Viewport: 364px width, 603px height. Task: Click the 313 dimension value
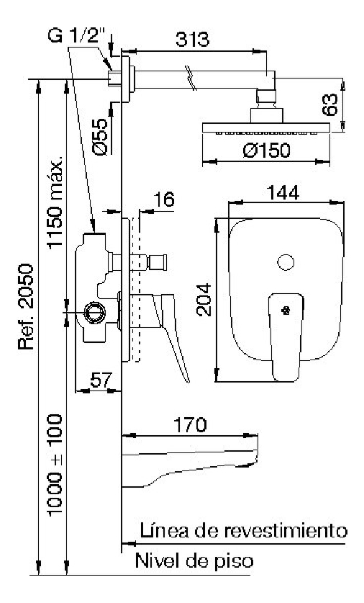coord(192,39)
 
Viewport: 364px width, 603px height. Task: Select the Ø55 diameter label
coord(100,136)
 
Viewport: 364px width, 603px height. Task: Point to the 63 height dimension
coord(329,104)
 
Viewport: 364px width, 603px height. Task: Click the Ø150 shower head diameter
coord(266,150)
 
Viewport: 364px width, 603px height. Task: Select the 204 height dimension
coord(204,300)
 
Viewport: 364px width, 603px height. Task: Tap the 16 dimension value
coord(164,200)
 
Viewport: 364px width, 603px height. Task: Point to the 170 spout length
coord(190,424)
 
